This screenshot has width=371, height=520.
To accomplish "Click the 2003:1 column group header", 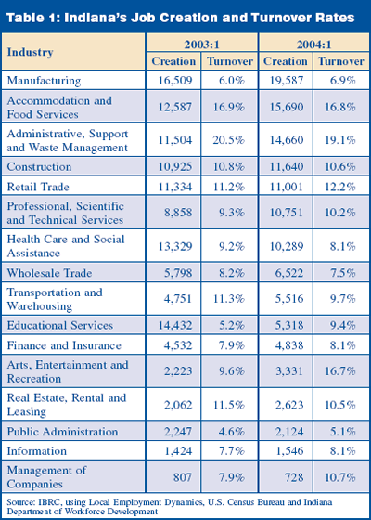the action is (x=201, y=44).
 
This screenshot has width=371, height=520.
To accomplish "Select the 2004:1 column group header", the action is (x=313, y=44).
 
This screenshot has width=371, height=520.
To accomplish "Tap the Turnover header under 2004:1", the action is (x=341, y=61).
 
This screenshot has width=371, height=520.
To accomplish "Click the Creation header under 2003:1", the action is (x=173, y=61).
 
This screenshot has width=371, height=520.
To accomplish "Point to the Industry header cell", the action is (x=30, y=52).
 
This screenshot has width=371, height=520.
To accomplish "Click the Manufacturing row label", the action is (x=44, y=81).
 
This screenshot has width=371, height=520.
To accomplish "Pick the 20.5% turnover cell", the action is (x=228, y=140).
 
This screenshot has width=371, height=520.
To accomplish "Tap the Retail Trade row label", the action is (x=38, y=187).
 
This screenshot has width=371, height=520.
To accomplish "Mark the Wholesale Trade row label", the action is (x=49, y=273).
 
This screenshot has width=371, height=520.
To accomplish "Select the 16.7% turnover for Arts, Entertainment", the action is (x=339, y=371).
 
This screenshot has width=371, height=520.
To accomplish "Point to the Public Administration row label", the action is (x=62, y=432).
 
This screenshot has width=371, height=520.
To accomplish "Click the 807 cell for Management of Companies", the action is (x=182, y=477).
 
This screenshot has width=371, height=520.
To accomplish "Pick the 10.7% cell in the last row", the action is (x=339, y=477).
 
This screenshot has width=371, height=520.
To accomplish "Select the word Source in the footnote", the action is (x=17, y=502).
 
